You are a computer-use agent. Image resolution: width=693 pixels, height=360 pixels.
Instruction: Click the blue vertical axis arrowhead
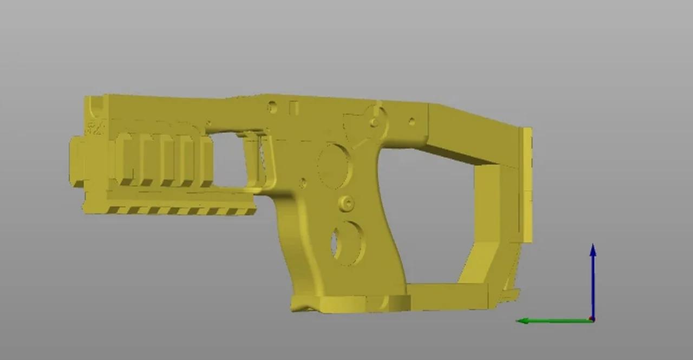(593, 250)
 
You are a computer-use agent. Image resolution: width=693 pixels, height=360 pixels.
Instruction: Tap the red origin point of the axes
(592, 319)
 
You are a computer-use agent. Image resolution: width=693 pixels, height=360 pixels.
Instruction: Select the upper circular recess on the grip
(334, 166)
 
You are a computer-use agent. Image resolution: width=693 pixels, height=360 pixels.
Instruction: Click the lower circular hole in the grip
(346, 243)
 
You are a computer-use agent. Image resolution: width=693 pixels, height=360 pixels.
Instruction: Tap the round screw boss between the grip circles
(346, 203)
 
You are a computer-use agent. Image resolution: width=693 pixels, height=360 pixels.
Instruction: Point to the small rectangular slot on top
(294, 108)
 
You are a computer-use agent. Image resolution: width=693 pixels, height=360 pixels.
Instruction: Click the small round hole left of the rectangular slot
(272, 107)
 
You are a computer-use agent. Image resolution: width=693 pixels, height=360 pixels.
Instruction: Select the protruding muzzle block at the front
(77, 161)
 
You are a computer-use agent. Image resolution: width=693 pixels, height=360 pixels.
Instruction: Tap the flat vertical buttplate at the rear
(526, 184)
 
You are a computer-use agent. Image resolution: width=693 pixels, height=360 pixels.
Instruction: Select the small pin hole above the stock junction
(411, 122)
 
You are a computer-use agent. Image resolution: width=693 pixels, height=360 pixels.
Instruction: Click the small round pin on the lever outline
(374, 122)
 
